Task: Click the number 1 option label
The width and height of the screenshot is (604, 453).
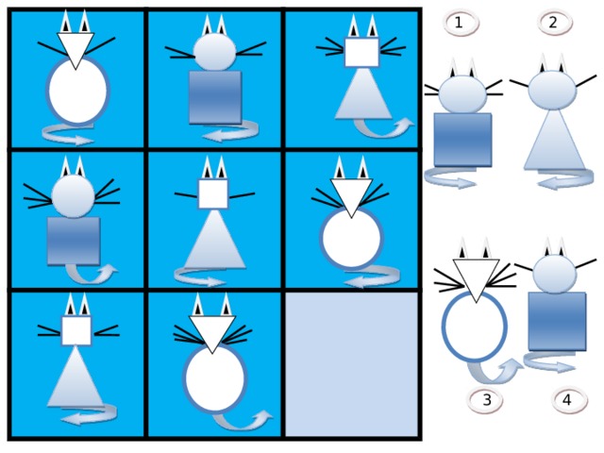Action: click(461, 24)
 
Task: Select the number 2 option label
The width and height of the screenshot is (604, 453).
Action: click(555, 23)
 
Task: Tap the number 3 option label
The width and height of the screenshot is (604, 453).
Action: click(485, 400)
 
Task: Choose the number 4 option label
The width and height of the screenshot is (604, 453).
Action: click(569, 400)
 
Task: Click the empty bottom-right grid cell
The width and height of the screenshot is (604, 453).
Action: click(351, 364)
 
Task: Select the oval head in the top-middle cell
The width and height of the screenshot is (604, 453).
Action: click(214, 52)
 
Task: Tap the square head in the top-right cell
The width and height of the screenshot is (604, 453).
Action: click(361, 52)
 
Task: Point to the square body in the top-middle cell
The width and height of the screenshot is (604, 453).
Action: click(215, 97)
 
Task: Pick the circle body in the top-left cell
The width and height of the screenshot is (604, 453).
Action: click(77, 91)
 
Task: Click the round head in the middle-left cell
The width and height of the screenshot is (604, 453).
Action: click(74, 196)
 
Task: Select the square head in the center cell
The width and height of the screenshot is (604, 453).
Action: click(213, 194)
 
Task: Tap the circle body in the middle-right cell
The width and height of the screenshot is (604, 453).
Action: click(352, 238)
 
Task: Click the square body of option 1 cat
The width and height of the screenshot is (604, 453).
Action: click(462, 140)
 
